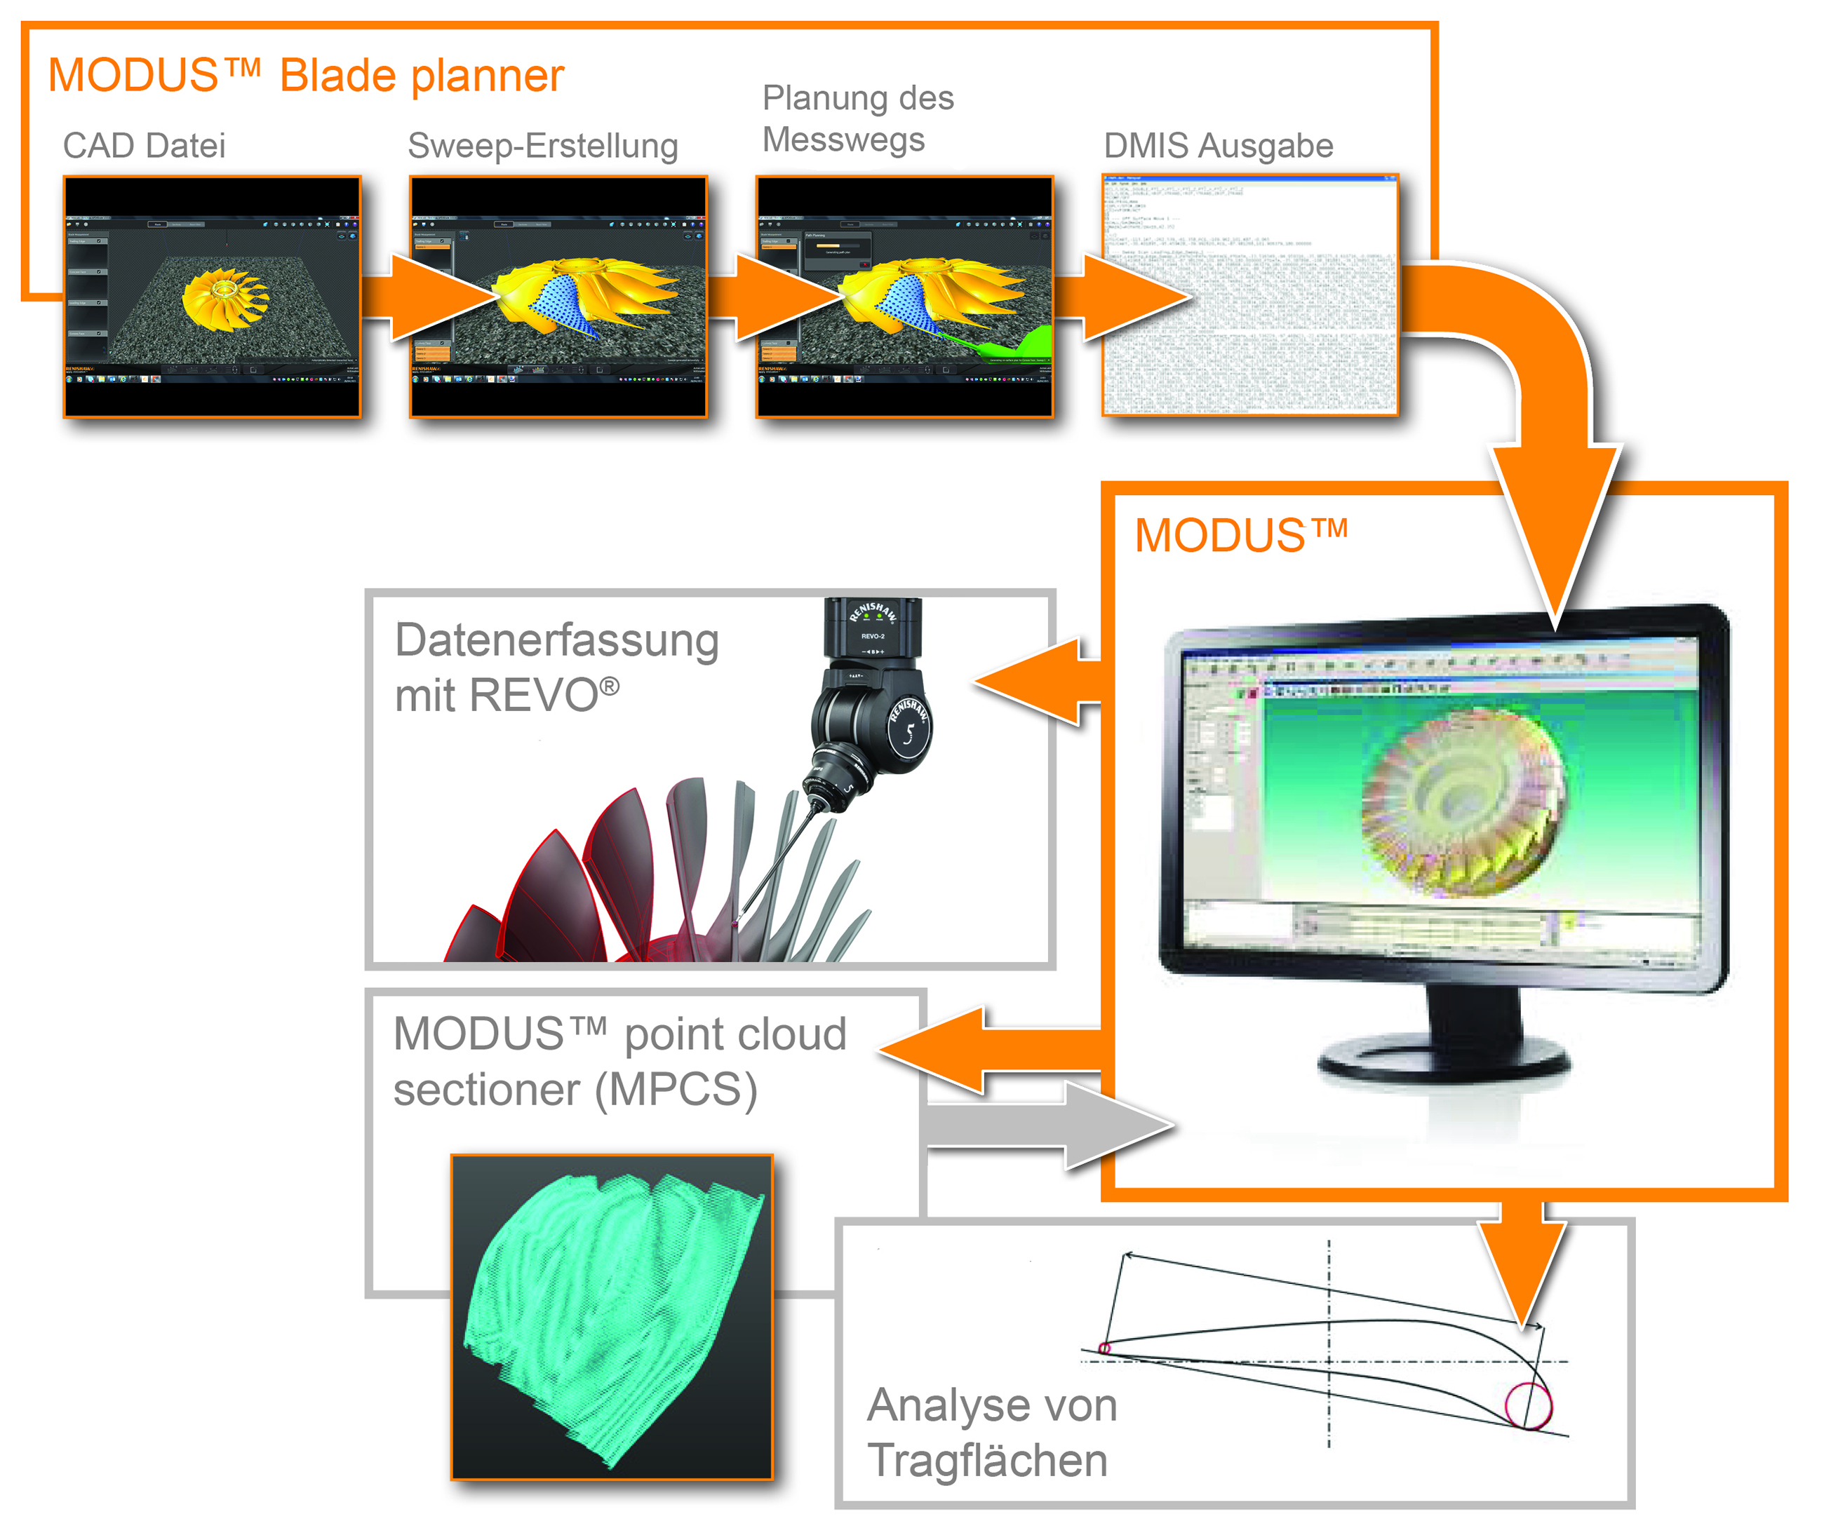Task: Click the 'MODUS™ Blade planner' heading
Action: [x=306, y=75]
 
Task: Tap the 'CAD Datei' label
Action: [x=144, y=145]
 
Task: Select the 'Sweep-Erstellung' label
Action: [x=542, y=145]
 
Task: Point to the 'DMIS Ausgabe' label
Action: [x=1218, y=145]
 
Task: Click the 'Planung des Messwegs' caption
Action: [x=857, y=119]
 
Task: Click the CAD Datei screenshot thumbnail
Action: [x=212, y=297]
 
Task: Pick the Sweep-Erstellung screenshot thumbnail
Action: [x=558, y=297]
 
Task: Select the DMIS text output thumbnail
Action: [x=1250, y=297]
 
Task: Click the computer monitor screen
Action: [x=1441, y=792]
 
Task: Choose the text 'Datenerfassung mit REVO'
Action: [x=557, y=668]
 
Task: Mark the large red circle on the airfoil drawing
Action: [x=1529, y=1405]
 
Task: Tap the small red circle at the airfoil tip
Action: [x=1104, y=1348]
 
